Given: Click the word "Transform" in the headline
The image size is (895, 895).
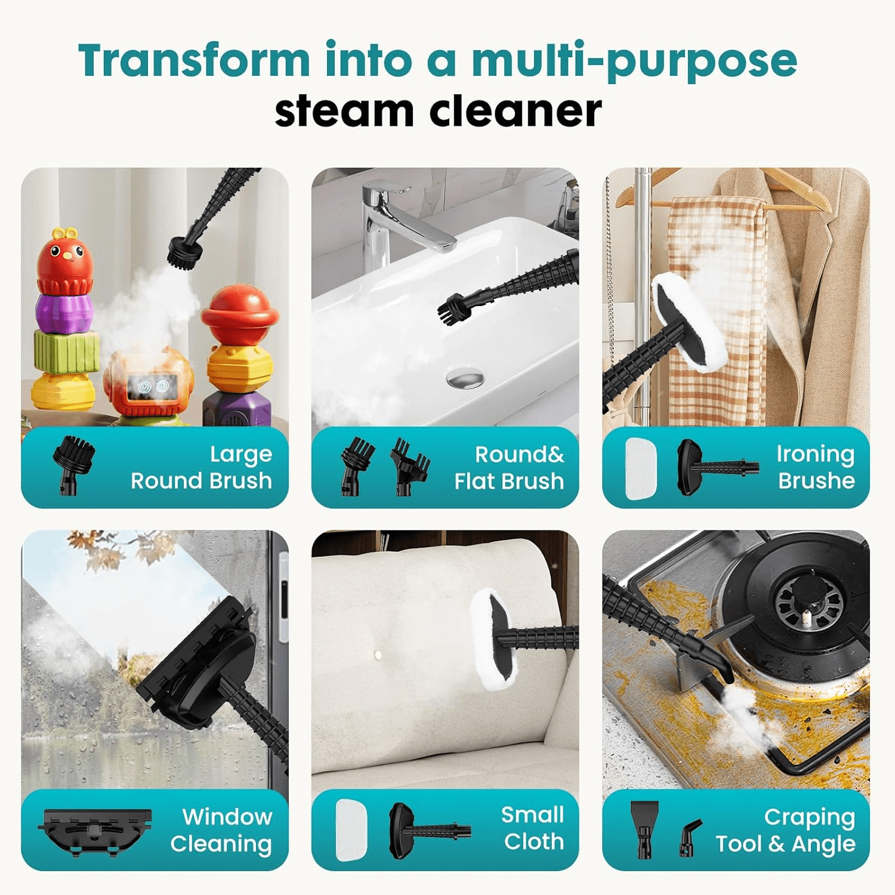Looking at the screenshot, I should click(194, 60).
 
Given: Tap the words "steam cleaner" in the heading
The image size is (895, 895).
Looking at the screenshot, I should click(438, 111).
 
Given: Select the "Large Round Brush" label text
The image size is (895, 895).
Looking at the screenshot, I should click(202, 467).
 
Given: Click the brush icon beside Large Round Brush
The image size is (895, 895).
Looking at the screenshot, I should click(73, 464).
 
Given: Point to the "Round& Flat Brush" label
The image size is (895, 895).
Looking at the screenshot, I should click(509, 468).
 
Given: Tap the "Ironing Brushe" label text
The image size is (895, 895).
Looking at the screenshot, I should click(816, 467).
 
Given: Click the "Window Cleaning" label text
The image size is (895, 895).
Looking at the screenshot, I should click(221, 830).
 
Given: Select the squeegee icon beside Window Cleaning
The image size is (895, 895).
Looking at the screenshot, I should click(94, 831).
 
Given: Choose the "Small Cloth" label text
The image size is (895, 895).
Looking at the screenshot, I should click(533, 828).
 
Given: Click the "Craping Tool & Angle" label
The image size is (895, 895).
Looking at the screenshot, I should click(786, 830).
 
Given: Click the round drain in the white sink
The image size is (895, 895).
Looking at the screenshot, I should click(465, 378).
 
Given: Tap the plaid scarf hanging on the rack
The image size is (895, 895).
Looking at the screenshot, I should click(716, 298).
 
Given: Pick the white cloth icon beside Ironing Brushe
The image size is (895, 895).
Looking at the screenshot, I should click(641, 468).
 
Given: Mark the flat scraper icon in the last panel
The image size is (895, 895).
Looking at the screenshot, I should click(644, 828).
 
